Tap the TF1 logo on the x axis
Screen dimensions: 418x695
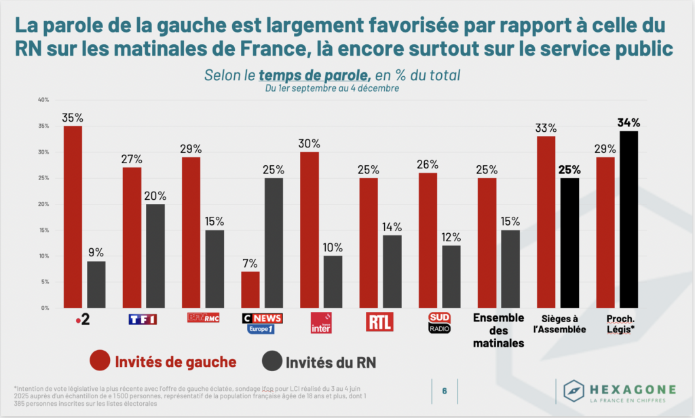143,319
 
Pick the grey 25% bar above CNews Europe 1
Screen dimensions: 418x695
274,243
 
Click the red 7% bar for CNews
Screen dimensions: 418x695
250,290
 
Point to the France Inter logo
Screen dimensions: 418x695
320,323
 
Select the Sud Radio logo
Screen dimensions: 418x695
439,323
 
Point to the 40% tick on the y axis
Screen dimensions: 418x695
43,101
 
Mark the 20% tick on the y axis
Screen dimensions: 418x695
43,205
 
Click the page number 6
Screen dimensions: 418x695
445,391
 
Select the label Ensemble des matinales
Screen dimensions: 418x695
498,331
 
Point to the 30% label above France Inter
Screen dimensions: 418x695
309,143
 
